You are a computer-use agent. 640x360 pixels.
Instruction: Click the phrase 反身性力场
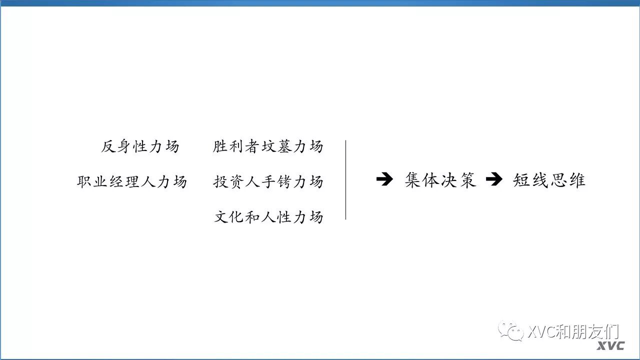(140, 146)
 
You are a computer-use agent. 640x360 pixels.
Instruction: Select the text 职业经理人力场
(132, 181)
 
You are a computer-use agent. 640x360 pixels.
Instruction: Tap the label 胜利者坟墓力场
(268, 146)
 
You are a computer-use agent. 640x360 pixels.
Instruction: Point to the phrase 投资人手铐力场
(268, 181)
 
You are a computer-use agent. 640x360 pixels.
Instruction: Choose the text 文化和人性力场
(268, 217)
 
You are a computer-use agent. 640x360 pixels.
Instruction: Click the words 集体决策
(440, 180)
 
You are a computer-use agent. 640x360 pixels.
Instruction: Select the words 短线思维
(549, 180)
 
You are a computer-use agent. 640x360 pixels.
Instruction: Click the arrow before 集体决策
(384, 180)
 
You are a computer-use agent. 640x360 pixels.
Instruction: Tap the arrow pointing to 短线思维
(494, 180)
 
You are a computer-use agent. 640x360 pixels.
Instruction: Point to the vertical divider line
(345, 180)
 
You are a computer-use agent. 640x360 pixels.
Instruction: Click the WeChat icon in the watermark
(511, 331)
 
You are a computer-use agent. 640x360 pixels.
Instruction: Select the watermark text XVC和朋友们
(573, 331)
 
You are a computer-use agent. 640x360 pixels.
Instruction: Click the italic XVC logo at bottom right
(611, 346)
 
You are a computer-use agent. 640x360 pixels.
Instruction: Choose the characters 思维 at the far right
(567, 180)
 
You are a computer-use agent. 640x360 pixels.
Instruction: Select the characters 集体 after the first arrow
(422, 180)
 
